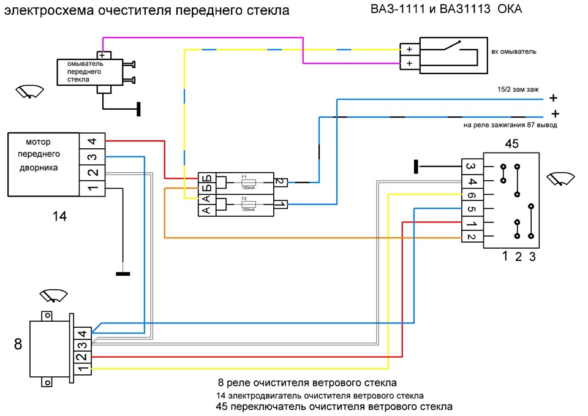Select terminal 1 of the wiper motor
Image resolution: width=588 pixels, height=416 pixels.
click(92, 187)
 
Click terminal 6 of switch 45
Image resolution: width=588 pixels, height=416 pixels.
click(472, 195)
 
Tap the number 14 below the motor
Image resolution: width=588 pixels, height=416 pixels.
click(59, 216)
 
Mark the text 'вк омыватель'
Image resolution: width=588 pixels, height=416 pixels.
click(514, 51)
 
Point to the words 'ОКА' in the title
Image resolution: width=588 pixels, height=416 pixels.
click(510, 10)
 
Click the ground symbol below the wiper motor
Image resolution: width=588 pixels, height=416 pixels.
click(123, 273)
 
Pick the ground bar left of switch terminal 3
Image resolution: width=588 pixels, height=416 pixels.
click(416, 166)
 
